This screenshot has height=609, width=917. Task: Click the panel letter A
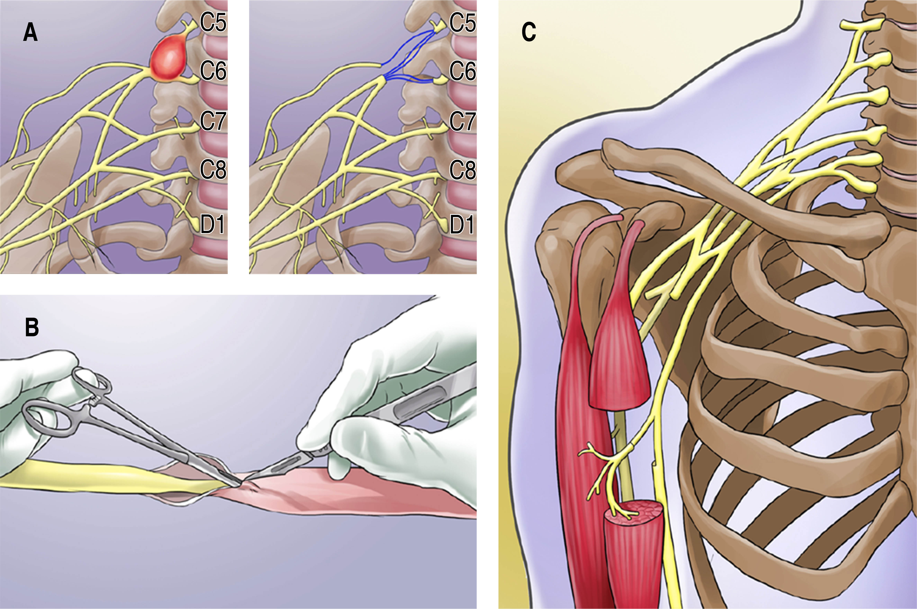pos(30,32)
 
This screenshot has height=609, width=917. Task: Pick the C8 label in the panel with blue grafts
pos(462,170)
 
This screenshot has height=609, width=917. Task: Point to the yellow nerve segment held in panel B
pos(97,476)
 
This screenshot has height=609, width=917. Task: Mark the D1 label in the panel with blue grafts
pos(462,224)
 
